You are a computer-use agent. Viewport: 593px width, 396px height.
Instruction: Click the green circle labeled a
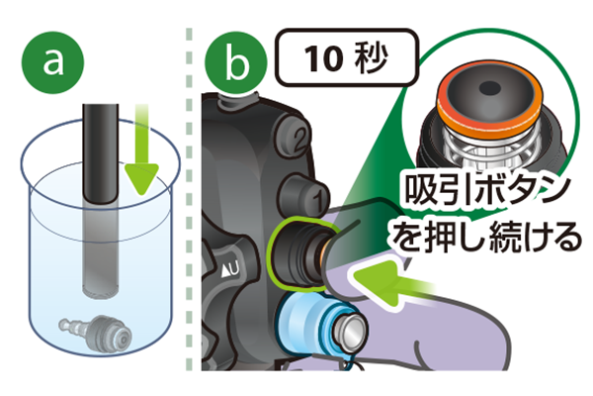point(53,63)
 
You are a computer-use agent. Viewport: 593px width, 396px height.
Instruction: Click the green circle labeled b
point(236,63)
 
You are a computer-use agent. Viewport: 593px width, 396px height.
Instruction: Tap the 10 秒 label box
point(347,58)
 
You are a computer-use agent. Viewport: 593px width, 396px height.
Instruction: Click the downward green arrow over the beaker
point(141,151)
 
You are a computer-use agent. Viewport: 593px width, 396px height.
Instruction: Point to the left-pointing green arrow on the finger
point(393,282)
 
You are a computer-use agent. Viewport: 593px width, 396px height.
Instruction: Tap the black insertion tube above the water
point(101,152)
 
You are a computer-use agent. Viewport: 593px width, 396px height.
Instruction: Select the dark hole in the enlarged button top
point(490,89)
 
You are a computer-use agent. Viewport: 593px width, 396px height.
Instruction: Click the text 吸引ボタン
point(488,189)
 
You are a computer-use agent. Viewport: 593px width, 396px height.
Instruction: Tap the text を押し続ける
point(487,237)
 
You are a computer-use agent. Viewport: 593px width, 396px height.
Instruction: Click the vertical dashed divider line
point(189,199)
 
